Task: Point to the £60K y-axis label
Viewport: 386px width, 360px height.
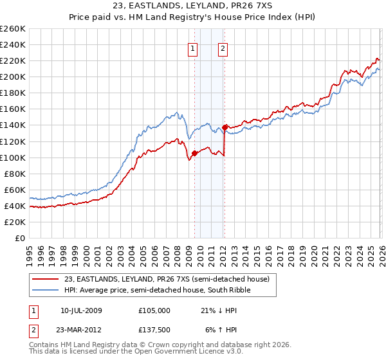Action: click(x=15, y=190)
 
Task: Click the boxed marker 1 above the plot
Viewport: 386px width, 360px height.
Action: click(x=193, y=48)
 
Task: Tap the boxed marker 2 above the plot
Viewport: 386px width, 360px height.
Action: click(x=223, y=48)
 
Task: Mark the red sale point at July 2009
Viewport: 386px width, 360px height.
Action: click(x=194, y=153)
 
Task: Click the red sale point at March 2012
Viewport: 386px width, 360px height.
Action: click(x=225, y=127)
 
